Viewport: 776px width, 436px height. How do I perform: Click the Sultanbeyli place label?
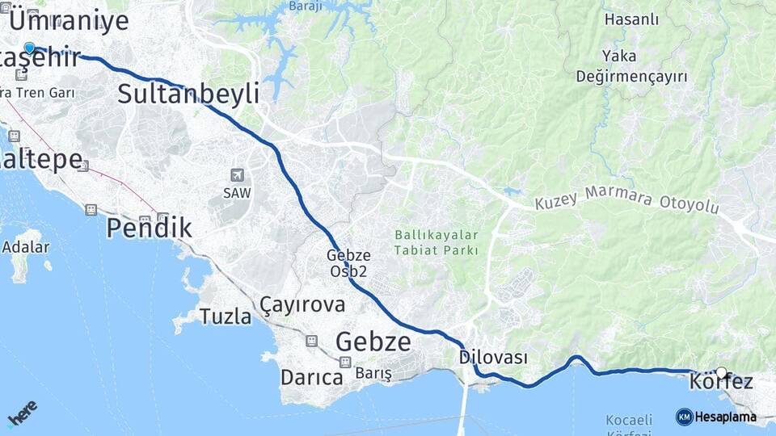click(188, 94)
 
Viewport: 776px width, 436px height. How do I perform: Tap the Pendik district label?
click(149, 228)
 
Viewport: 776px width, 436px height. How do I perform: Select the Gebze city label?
click(373, 342)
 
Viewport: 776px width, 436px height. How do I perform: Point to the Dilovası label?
click(492, 357)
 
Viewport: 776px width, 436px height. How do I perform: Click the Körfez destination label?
click(721, 382)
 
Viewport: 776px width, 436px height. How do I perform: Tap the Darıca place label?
click(311, 377)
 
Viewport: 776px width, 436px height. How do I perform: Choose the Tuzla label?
click(226, 317)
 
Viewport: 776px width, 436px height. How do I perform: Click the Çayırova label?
click(302, 304)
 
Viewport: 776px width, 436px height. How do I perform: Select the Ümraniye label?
click(68, 20)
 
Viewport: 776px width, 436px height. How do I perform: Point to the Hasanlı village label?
click(631, 20)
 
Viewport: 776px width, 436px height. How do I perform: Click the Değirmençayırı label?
click(631, 77)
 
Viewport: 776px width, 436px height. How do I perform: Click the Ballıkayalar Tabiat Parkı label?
click(436, 242)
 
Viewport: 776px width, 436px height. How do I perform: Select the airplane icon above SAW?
click(237, 175)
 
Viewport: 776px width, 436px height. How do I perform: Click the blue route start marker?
click(30, 48)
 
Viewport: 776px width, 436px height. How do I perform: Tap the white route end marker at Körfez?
click(721, 373)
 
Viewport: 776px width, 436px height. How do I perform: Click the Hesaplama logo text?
click(725, 417)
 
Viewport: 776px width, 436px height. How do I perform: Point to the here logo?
click(22, 413)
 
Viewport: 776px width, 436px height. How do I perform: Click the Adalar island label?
click(26, 247)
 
